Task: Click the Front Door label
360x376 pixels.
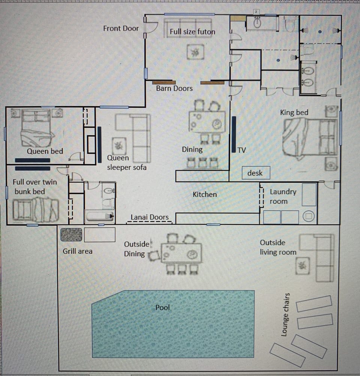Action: point(121,28)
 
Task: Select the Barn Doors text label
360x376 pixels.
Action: point(174,88)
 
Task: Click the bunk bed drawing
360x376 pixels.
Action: point(36,210)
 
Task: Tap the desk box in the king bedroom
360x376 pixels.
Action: point(255,173)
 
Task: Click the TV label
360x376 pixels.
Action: point(242,150)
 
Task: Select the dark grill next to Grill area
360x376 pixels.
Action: point(71,234)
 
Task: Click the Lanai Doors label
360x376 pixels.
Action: point(150,217)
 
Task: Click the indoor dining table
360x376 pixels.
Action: point(207,122)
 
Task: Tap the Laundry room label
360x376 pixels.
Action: point(283,196)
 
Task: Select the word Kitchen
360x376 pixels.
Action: point(205,194)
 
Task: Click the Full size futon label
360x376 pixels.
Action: point(192,32)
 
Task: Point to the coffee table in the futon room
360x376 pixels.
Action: point(195,52)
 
